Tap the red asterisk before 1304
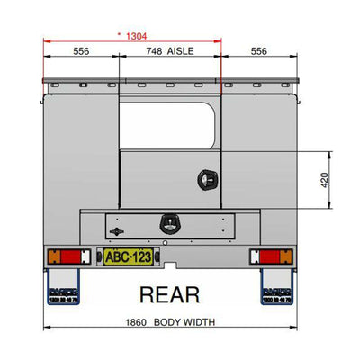(x=120, y=34)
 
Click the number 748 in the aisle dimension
(x=156, y=52)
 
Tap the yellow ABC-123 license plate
(x=128, y=257)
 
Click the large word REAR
(x=168, y=293)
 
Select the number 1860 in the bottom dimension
(x=133, y=322)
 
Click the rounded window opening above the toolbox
(x=167, y=127)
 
